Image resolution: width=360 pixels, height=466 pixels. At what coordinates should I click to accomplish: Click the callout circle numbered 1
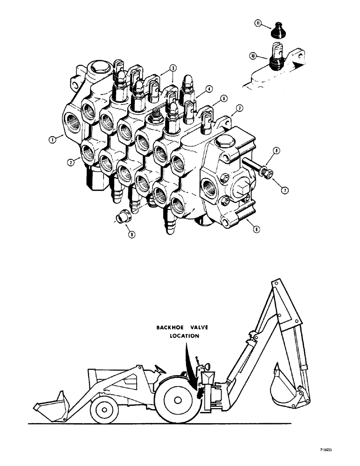[x=54, y=138]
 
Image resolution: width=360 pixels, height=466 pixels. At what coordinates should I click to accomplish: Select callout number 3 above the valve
[x=173, y=68]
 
